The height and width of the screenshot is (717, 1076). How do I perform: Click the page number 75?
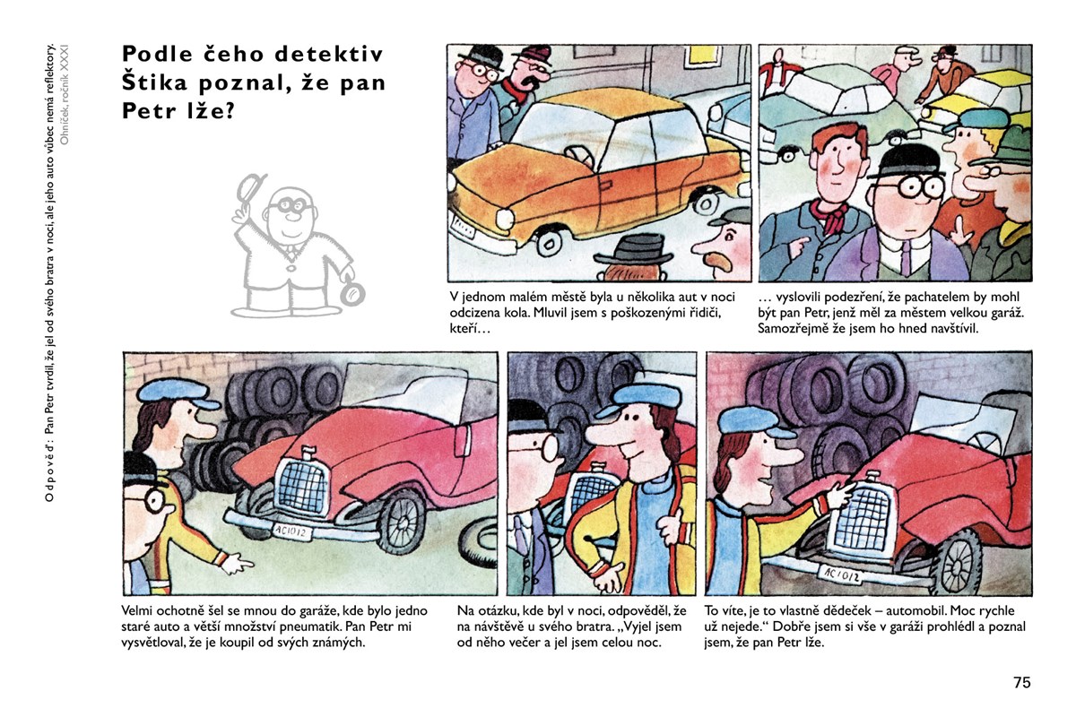point(1022,682)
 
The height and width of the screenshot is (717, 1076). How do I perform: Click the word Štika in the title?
point(154,82)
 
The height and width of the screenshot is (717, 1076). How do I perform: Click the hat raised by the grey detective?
point(250,188)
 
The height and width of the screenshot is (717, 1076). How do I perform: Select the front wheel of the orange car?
point(549,242)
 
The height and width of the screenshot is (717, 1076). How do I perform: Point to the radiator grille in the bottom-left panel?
point(303,484)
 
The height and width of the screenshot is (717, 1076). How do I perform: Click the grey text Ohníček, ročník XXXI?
point(65,95)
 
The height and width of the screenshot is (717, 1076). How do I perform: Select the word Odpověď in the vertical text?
point(49,471)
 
